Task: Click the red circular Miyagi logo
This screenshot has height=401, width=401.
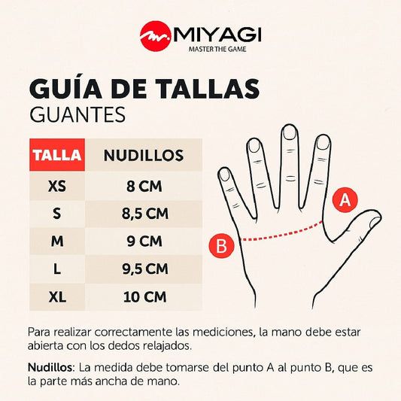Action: [x=156, y=36]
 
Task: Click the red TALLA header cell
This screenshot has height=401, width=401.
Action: [x=57, y=155]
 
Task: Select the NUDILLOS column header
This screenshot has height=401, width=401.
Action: [x=144, y=155]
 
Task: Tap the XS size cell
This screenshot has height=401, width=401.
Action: [x=57, y=186]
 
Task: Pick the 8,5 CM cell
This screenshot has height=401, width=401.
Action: [x=144, y=214]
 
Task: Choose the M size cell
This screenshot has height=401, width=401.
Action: [x=57, y=241]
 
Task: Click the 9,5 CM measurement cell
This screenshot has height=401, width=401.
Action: [x=144, y=269]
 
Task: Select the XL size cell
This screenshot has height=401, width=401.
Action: [x=57, y=297]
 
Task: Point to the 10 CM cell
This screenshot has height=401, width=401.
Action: [x=144, y=297]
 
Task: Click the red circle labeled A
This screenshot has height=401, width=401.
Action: [x=345, y=200]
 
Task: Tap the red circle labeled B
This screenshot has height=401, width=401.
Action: [x=221, y=245]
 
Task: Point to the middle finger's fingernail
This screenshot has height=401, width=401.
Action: [x=289, y=133]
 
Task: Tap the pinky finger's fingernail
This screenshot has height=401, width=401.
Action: [x=225, y=175]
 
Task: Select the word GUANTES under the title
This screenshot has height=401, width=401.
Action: [x=77, y=114]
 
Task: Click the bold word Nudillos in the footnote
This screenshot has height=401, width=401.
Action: [x=50, y=367]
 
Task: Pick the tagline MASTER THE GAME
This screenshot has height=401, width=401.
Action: [x=217, y=49]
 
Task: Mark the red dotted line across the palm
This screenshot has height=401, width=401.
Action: [x=281, y=232]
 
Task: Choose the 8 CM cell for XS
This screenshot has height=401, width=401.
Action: [x=144, y=186]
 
